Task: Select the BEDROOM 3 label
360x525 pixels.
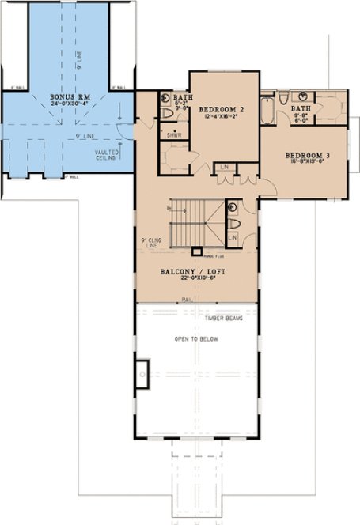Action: [x=307, y=156]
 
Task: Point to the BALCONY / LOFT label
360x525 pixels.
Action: [x=195, y=270]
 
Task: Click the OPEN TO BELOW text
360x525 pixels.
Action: [x=196, y=339]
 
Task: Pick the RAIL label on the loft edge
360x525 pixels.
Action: [x=188, y=300]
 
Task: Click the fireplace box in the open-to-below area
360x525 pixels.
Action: [x=143, y=372]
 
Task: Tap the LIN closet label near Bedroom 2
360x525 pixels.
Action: [x=226, y=167]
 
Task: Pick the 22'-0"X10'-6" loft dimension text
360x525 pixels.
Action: [x=195, y=278]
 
